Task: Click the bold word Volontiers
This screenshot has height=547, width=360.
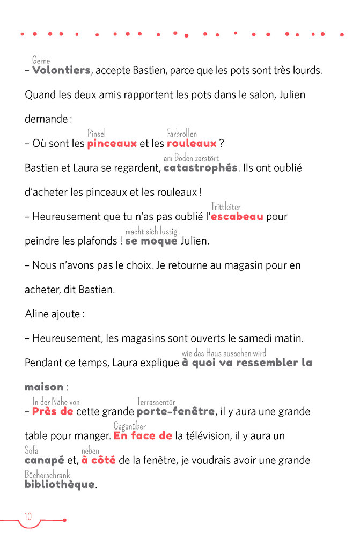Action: pyautogui.click(x=61, y=70)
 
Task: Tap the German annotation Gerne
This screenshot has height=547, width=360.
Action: pyautogui.click(x=41, y=61)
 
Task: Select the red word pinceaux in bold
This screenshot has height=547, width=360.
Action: pyautogui.click(x=112, y=143)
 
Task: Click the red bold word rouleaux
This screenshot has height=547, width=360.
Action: pyautogui.click(x=192, y=143)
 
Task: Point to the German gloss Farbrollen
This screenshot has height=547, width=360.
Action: pyautogui.click(x=182, y=134)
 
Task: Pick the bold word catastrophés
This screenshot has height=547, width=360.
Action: pyautogui.click(x=200, y=168)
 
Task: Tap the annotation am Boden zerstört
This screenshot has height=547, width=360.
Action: pyautogui.click(x=191, y=158)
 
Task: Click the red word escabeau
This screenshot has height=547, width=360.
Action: pyautogui.click(x=237, y=217)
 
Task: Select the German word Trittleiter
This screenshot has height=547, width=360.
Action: pyautogui.click(x=225, y=206)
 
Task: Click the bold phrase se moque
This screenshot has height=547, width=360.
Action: pyautogui.click(x=151, y=241)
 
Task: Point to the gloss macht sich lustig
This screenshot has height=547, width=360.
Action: pyautogui.click(x=151, y=231)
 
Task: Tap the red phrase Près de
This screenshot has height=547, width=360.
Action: pyautogui.click(x=53, y=412)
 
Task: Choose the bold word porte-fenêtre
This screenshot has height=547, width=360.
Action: pyautogui.click(x=175, y=412)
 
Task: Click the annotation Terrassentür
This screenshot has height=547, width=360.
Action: pyautogui.click(x=156, y=402)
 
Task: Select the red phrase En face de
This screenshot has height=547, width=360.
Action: pyautogui.click(x=143, y=436)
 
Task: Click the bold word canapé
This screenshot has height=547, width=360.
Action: pyautogui.click(x=45, y=460)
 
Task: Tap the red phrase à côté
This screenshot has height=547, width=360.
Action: pyautogui.click(x=98, y=460)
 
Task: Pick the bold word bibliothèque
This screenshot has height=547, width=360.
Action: pyautogui.click(x=59, y=484)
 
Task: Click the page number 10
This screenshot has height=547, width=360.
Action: pyautogui.click(x=28, y=516)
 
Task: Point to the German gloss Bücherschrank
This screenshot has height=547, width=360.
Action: pyautogui.click(x=47, y=475)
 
